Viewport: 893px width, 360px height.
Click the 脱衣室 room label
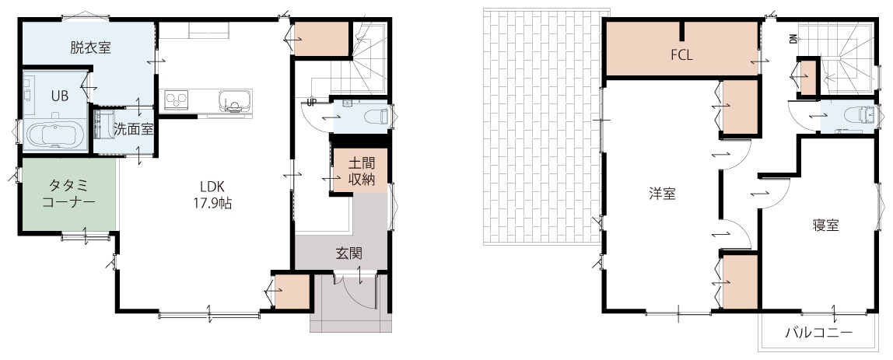coord(90,47)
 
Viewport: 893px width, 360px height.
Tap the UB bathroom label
coord(60,96)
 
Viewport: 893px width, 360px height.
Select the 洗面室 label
coord(133,129)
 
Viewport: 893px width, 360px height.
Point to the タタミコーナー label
coord(68,194)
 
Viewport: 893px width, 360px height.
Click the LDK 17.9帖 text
coord(212,195)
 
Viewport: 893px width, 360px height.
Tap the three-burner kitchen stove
coord(177,100)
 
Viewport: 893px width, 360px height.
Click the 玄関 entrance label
coord(349,253)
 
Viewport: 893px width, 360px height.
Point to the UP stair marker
coord(311,103)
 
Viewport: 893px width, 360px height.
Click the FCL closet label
coord(681,55)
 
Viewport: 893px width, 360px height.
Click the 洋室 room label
coord(662,194)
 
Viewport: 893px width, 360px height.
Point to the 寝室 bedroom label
coord(825,225)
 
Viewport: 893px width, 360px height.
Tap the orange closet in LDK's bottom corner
coord(291,291)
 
